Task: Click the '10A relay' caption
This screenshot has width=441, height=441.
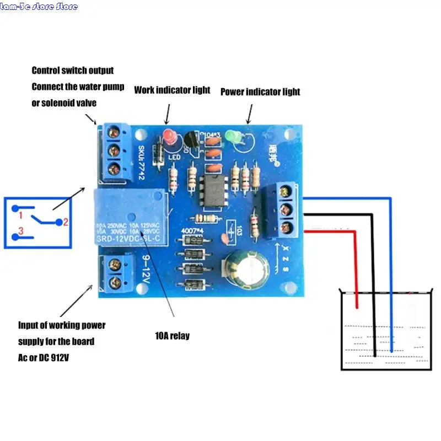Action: coord(173,336)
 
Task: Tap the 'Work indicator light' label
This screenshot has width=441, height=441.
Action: coord(172,90)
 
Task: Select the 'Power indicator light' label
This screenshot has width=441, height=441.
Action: coord(260,92)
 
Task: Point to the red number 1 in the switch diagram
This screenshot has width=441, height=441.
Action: coord(20,214)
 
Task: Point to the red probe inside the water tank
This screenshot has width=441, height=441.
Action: coord(357,287)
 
